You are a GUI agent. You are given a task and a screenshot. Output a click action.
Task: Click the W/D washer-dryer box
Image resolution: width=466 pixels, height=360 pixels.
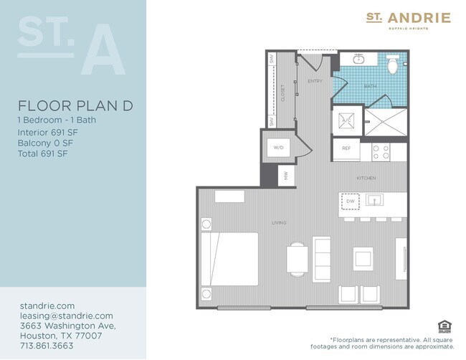(278, 147)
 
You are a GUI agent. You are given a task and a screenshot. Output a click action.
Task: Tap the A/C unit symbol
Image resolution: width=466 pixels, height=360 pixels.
(345, 121)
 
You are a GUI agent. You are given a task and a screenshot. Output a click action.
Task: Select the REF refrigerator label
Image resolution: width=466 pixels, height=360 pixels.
(345, 149)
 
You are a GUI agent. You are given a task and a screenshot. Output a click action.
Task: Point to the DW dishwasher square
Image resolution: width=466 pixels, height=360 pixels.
(350, 202)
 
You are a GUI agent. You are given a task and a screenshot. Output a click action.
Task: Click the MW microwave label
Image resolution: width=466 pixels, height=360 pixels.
(285, 176)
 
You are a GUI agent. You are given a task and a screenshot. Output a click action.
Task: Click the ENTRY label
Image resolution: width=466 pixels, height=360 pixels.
(315, 81)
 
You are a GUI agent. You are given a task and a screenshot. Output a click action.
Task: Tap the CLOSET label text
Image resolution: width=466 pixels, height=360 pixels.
(282, 93)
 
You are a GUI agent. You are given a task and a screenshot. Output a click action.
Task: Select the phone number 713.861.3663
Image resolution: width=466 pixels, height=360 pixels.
(47, 344)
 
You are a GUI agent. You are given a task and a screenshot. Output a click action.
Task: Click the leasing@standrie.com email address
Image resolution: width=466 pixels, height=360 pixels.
(67, 316)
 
